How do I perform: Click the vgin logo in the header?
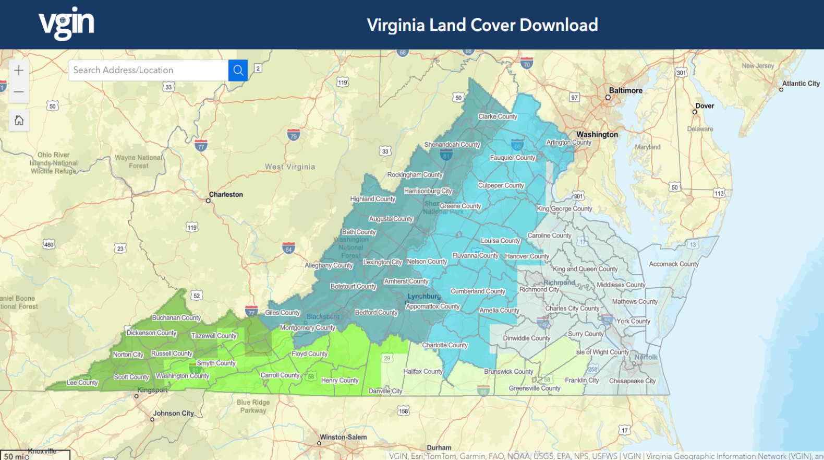pos(66,23)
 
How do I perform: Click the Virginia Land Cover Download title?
pos(482,25)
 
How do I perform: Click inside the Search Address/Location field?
pos(148,70)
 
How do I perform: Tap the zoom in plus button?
pos(19,70)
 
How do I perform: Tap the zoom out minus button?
pos(19,92)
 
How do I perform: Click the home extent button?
pos(19,121)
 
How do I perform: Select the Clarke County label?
pos(498,116)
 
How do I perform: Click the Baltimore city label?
pos(625,90)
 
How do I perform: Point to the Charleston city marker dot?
pos(208,200)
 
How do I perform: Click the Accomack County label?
pos(673,264)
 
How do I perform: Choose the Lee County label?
pos(82,383)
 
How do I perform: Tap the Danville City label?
pos(385,391)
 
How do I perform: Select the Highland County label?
pos(372,199)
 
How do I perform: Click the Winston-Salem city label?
pos(343,437)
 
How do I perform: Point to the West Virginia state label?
pos(290,167)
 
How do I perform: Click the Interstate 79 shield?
pos(294,135)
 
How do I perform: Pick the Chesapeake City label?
pos(632,381)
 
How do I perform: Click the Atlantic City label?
pos(801,84)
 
